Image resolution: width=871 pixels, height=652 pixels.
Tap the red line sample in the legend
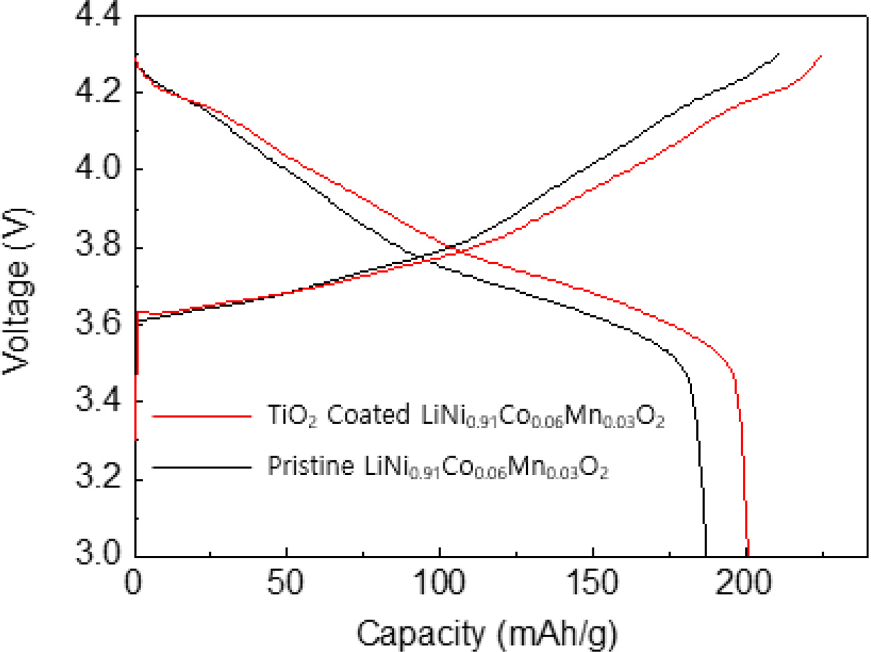click(200, 417)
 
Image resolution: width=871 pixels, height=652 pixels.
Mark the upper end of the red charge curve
click(821, 56)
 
